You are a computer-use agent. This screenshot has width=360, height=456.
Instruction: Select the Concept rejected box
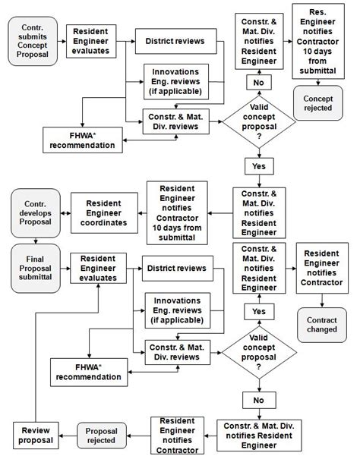click(317, 103)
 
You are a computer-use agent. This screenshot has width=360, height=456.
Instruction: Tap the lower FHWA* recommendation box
click(90, 370)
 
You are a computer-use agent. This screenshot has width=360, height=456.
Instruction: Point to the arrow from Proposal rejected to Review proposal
click(68, 435)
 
